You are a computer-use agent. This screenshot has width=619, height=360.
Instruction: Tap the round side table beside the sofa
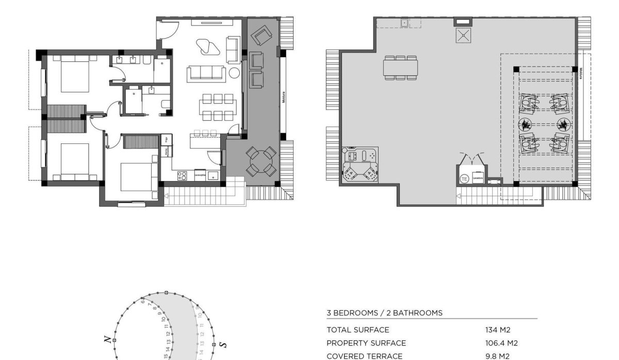[x=235, y=73]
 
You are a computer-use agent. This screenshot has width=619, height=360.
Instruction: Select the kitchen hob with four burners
[x=182, y=175]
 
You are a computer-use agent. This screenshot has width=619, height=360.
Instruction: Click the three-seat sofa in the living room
[x=206, y=73]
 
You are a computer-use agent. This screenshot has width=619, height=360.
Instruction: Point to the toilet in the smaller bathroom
[x=166, y=104]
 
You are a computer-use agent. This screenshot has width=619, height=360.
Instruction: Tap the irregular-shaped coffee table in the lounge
[x=209, y=47]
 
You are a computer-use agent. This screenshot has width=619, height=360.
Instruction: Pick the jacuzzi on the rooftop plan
[x=360, y=166]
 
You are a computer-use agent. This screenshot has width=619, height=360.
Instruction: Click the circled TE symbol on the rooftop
[x=464, y=178]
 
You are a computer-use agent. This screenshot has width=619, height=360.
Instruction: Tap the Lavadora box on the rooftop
[x=478, y=177]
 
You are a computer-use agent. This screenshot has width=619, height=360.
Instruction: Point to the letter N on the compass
[x=107, y=339]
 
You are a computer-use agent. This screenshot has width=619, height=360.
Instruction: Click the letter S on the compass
[x=222, y=344]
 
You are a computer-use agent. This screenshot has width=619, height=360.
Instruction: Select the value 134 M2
[x=494, y=330]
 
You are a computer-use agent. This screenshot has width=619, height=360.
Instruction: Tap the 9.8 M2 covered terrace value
[x=494, y=355]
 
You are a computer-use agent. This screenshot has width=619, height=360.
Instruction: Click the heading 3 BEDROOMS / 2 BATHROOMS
[x=384, y=313]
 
